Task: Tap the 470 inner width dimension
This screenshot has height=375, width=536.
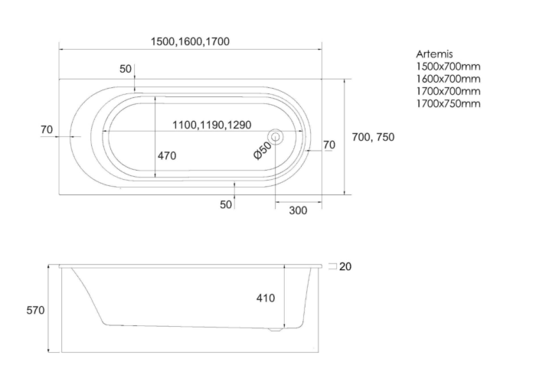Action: [x=167, y=155]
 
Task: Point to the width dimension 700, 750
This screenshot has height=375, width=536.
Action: [x=372, y=137]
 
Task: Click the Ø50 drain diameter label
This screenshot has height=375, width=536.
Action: [x=263, y=149]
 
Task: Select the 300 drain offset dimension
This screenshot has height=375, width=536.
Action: [x=299, y=210]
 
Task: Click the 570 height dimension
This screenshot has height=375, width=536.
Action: [x=35, y=310]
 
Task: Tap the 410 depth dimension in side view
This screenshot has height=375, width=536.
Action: [x=265, y=298]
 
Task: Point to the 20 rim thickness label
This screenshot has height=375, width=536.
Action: [x=345, y=266]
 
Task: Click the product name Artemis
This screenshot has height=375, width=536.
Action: [x=434, y=54]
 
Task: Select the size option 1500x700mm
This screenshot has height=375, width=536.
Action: [x=448, y=67]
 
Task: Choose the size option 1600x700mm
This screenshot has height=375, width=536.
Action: [x=448, y=79]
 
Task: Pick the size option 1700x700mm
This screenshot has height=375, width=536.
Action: [x=448, y=91]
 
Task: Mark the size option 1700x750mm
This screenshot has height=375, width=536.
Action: [x=448, y=103]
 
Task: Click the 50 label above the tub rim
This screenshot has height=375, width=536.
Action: [x=126, y=69]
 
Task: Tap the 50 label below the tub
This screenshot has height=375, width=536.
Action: [x=225, y=204]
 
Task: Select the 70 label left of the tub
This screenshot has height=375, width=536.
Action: [x=47, y=129]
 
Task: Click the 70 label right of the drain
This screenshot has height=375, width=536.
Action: [x=329, y=145]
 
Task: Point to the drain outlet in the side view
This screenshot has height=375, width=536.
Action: [x=276, y=331]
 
